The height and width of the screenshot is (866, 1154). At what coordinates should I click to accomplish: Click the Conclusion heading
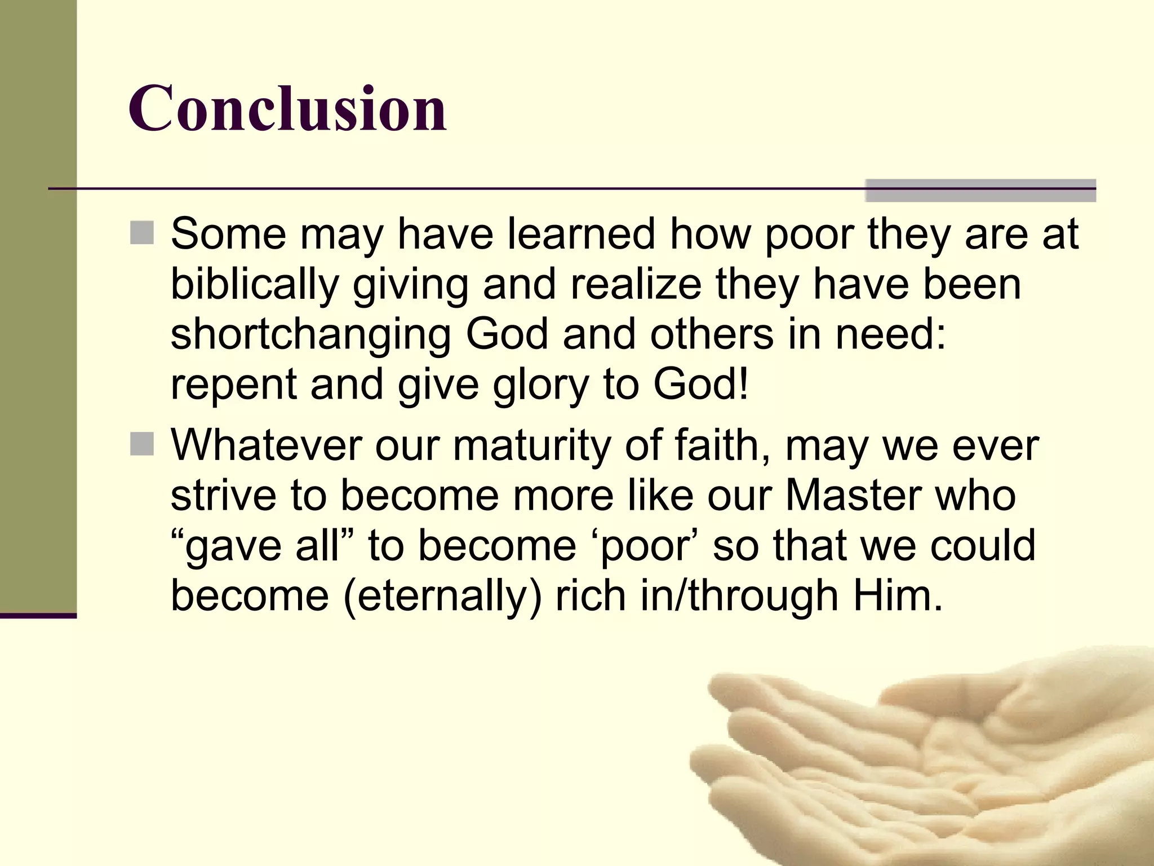tap(287, 108)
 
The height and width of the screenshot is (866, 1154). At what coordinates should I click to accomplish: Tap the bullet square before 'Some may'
tap(142, 233)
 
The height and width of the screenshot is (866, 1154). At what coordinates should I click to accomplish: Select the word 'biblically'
tap(254, 285)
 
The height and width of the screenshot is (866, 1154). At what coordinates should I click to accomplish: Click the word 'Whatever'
tap(266, 446)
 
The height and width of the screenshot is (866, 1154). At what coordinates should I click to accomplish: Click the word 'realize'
tap(636, 285)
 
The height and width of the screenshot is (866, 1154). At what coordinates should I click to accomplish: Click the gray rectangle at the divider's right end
tap(980, 191)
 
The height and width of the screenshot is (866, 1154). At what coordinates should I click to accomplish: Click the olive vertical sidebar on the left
tap(38, 304)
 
